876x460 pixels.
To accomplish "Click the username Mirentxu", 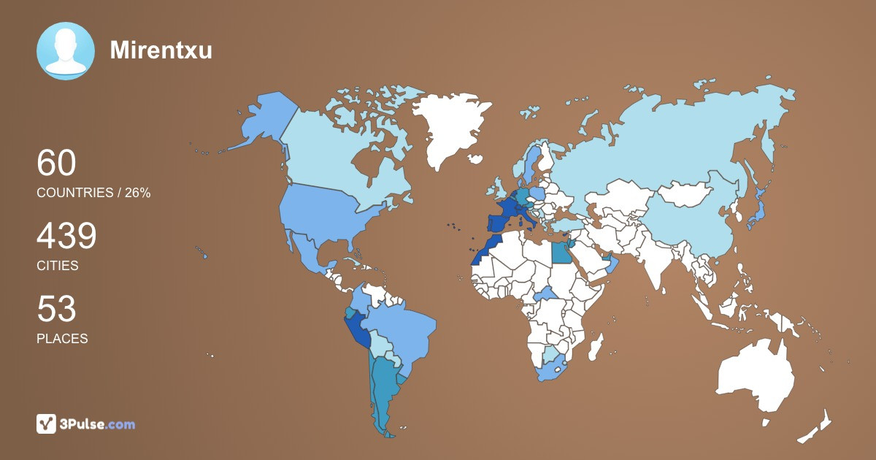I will tap(161, 50).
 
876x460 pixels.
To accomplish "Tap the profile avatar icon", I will tap(66, 51).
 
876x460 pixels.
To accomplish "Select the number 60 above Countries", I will tap(56, 163).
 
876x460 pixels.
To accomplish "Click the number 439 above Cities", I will tap(66, 237).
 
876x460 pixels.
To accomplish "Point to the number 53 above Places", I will tap(56, 310).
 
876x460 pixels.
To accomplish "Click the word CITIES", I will tap(58, 266).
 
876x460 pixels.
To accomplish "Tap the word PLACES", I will tap(62, 339).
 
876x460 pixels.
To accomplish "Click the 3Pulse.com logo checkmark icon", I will tap(47, 423).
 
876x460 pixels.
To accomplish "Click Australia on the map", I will tap(756, 376).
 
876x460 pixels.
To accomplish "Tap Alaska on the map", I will tap(263, 120).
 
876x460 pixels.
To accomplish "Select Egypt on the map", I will tap(561, 253).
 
